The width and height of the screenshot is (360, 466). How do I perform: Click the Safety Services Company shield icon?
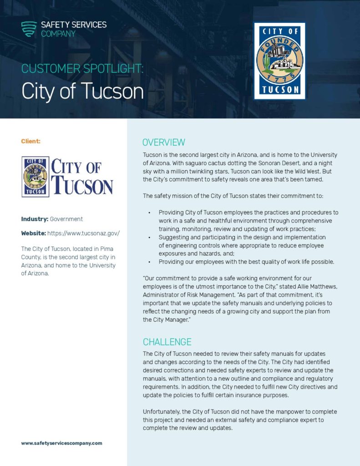coord(29,29)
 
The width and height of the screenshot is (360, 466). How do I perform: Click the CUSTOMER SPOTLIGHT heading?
coord(82,69)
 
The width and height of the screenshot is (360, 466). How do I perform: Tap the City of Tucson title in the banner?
coord(82,91)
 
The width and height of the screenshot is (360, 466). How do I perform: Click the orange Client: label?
coord(30,141)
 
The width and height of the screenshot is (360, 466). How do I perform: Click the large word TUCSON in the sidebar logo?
coord(82,186)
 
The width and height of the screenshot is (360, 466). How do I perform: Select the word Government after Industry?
coord(66,219)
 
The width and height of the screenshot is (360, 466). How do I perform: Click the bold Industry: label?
coord(35,219)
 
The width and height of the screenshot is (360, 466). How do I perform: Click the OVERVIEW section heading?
coord(164,142)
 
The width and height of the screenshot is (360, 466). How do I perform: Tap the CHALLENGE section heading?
coord(167,342)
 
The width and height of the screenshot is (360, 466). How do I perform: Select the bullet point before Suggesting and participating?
coord(149,237)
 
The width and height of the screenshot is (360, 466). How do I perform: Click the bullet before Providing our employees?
coord(149,262)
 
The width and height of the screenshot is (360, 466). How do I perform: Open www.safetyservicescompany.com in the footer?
coord(61,443)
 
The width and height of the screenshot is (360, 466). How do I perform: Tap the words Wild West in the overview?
coord(311,171)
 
